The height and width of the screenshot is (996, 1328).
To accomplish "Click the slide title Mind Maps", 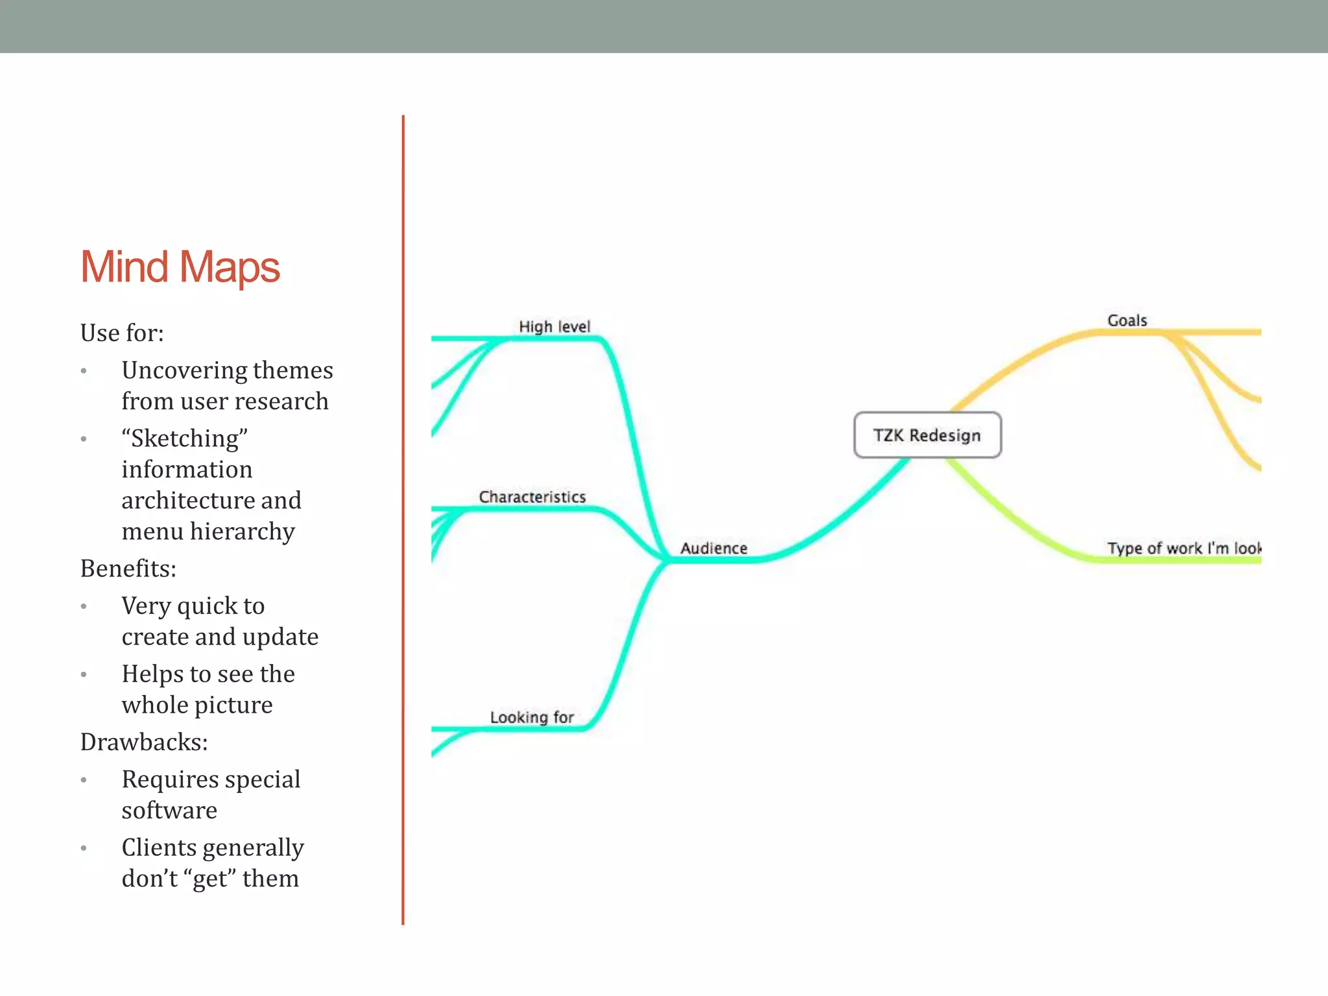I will click(180, 267).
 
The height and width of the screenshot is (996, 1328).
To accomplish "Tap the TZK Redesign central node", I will click(927, 435).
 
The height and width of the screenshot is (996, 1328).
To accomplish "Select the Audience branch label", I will click(713, 549).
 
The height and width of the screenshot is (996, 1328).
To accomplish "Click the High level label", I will click(554, 327).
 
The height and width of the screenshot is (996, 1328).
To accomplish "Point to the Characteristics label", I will click(532, 497).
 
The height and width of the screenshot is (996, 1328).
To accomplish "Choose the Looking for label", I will click(532, 717).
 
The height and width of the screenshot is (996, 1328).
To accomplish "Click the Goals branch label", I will click(1127, 320).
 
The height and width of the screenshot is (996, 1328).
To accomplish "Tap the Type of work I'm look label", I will click(1183, 549).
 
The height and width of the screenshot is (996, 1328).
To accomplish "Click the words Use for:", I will click(122, 333).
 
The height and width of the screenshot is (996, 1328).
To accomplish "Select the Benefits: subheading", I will click(128, 569).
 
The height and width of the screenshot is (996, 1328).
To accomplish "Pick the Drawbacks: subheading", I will click(144, 742).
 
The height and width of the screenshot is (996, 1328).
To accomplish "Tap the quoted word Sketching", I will click(185, 439).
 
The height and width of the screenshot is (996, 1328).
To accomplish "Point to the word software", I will click(169, 811).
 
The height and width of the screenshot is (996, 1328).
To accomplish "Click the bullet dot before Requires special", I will click(84, 780).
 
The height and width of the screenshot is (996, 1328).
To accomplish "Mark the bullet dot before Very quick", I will click(84, 607).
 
